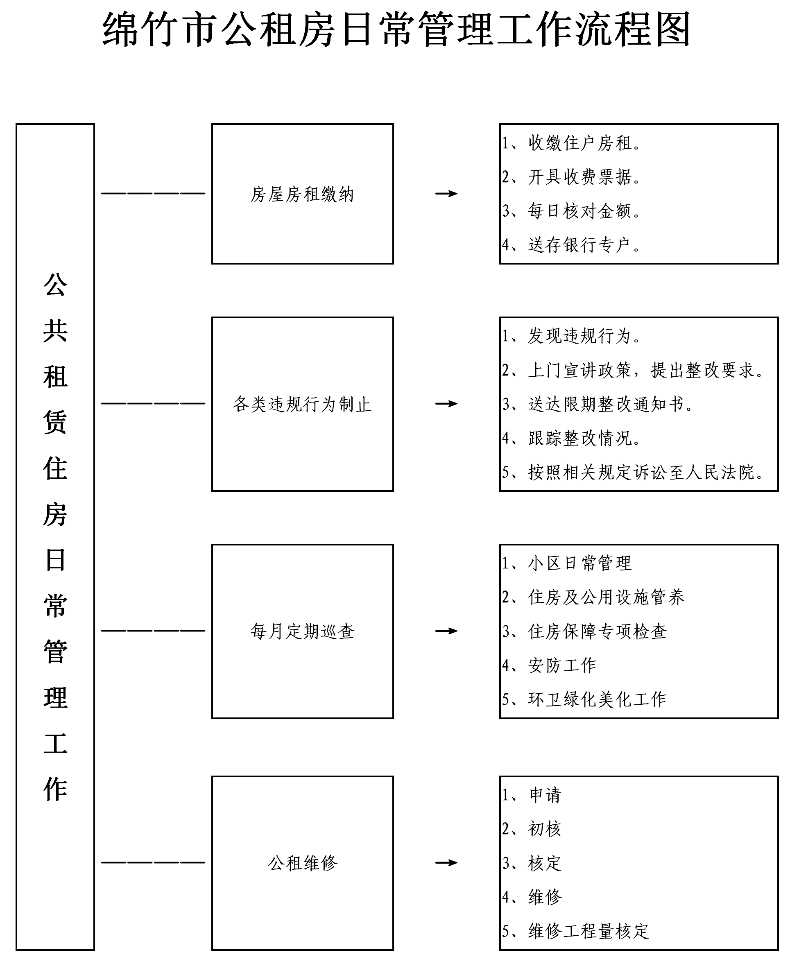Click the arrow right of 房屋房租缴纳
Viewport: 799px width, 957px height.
click(446, 194)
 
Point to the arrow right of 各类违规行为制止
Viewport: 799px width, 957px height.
click(446, 403)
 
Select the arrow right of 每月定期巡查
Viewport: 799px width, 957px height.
click(446, 631)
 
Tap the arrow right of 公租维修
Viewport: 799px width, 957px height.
click(446, 862)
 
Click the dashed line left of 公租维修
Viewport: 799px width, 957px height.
click(153, 862)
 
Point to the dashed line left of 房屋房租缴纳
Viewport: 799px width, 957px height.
click(153, 194)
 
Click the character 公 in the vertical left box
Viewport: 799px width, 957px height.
click(55, 285)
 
